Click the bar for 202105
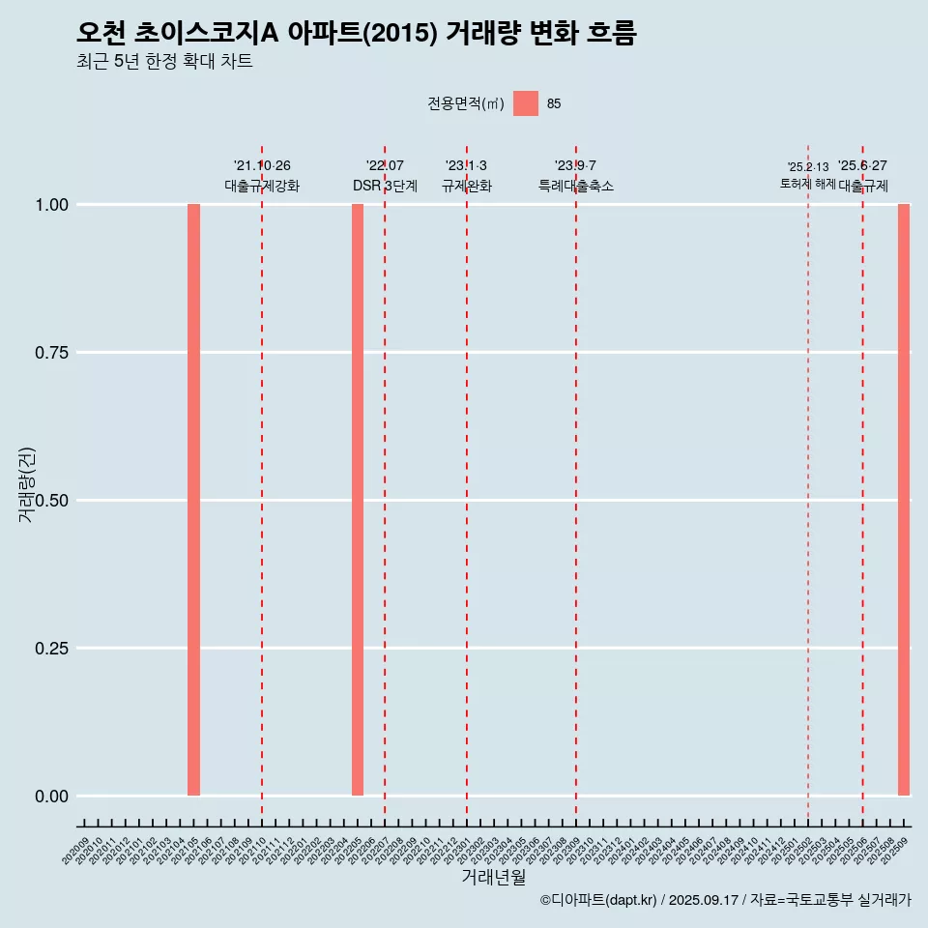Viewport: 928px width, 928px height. coord(193,500)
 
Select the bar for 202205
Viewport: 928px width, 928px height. coord(358,500)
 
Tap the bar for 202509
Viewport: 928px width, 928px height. coord(904,500)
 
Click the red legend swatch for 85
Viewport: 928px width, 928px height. coord(526,103)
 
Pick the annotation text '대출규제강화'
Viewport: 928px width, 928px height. coord(262,186)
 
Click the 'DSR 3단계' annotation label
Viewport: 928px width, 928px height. coord(385,186)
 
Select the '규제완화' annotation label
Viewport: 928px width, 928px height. coord(467,186)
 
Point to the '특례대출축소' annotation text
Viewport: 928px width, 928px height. coord(576,186)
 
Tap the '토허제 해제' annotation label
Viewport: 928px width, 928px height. coord(808,184)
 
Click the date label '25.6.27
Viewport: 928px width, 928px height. coord(862,166)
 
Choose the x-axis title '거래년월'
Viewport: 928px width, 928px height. coord(494,878)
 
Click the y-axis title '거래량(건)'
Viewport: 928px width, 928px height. coord(26,484)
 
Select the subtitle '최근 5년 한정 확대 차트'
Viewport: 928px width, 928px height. coord(164,62)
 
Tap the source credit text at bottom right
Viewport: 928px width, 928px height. coord(725,900)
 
